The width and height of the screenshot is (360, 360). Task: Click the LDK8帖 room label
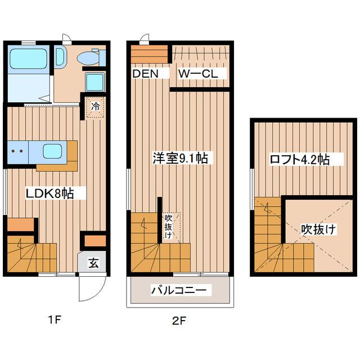coord(49,193)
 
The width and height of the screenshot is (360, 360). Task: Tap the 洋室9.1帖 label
coord(180,158)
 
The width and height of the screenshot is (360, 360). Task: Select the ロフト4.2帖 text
coord(300,159)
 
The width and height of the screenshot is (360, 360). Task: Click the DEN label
coord(146,74)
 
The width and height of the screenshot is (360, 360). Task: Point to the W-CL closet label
coord(198,74)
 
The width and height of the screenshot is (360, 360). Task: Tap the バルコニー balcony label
coord(179,290)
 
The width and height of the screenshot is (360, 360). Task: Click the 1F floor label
coord(54,319)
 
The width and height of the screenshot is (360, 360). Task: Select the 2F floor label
coord(179,321)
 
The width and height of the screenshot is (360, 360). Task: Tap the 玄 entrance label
coord(94,263)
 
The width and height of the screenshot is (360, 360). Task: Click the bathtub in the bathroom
coord(29,58)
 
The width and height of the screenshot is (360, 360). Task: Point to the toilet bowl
coord(88,58)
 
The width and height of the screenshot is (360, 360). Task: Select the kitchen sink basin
coord(52,151)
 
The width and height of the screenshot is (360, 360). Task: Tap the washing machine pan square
coord(95,82)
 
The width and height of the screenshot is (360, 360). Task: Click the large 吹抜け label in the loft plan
coord(318,229)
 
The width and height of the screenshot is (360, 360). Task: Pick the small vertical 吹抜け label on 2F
coord(168,226)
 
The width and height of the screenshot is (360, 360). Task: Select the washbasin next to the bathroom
coord(60,57)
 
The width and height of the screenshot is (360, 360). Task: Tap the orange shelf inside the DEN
coord(149,54)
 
